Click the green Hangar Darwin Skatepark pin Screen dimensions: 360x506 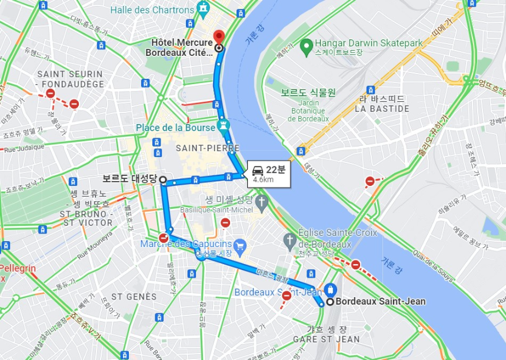305,45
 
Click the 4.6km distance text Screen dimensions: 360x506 263,180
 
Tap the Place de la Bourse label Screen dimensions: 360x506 175,128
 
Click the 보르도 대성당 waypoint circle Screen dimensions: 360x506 162,179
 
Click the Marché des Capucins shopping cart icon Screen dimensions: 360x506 239,244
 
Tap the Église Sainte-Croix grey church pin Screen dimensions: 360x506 289,239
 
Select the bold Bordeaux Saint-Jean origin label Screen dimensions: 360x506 384,302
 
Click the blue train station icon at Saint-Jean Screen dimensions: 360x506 330,289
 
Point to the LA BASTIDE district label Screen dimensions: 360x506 382,109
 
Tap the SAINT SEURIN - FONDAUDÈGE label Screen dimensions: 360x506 70,79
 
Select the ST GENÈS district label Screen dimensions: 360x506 134,296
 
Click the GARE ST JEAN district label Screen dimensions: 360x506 326,339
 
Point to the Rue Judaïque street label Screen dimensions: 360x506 24,149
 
